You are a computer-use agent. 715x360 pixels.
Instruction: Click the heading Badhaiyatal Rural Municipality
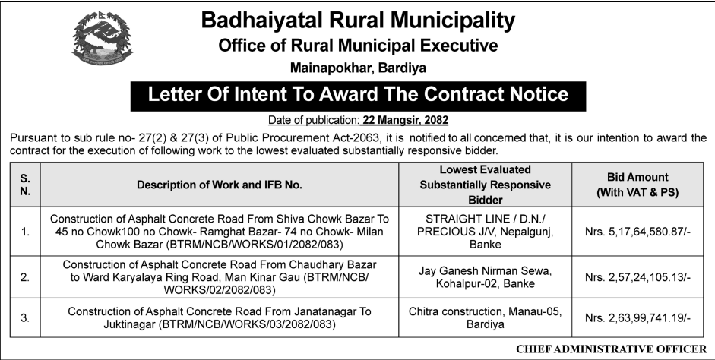point(358,21)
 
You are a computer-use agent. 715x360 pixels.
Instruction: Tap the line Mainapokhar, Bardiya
point(358,68)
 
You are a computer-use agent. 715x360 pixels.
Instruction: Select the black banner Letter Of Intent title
point(358,95)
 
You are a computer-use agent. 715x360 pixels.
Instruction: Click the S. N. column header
point(25,185)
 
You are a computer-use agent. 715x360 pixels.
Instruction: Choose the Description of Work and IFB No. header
point(220,185)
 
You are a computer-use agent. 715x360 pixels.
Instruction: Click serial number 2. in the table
point(25,278)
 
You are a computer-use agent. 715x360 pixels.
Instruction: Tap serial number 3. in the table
point(25,318)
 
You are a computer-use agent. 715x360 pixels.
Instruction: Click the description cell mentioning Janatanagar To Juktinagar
point(220,318)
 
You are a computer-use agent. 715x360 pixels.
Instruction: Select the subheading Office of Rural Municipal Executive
point(358,46)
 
